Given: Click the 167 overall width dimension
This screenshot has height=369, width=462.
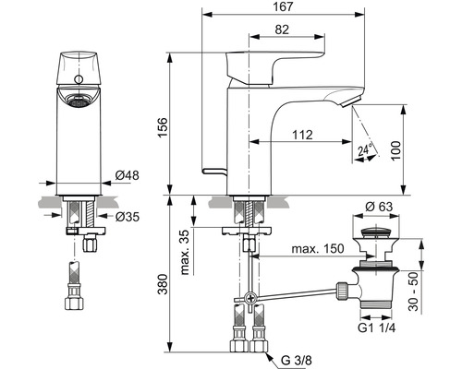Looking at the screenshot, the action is click(x=283, y=6).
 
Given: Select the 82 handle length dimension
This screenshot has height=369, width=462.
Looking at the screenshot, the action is click(x=282, y=30).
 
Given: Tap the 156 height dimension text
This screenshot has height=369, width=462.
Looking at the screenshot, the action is click(x=163, y=127).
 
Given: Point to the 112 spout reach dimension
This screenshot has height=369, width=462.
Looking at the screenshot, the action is click(x=302, y=135).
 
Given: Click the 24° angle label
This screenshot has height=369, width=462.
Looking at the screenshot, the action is click(x=365, y=149).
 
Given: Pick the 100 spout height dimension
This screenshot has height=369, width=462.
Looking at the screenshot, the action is click(x=395, y=150).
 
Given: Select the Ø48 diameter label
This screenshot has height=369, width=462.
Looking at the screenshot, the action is click(x=127, y=175).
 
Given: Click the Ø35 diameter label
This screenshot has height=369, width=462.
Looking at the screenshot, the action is click(x=128, y=217).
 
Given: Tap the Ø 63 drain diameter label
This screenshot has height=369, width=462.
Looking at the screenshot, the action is click(x=379, y=207).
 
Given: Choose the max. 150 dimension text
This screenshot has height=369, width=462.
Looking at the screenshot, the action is click(x=318, y=248).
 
